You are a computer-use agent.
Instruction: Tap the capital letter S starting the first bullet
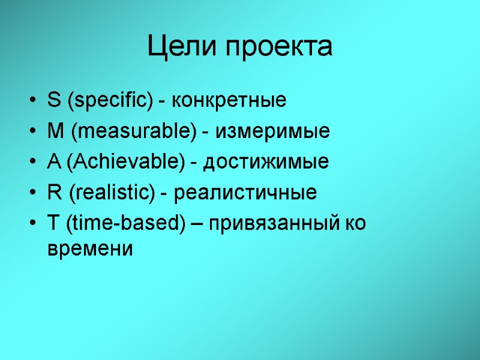(x=52, y=100)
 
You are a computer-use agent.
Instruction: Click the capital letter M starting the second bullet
(x=53, y=131)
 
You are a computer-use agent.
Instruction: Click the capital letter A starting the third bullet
(x=52, y=162)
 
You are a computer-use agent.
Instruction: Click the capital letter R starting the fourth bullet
(x=52, y=193)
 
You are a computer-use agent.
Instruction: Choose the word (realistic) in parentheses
(x=112, y=194)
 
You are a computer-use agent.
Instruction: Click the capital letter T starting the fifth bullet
(x=52, y=224)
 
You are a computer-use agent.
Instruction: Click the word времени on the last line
(x=89, y=248)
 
